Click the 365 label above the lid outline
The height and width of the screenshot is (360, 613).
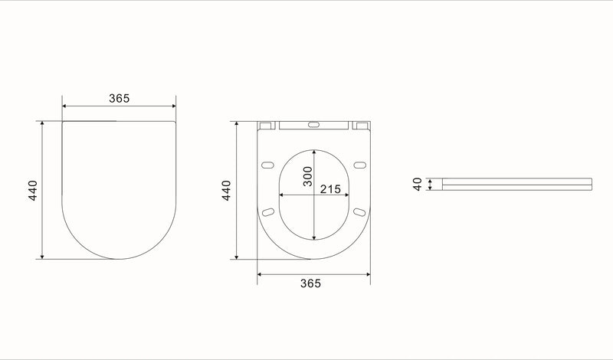(x=120, y=98)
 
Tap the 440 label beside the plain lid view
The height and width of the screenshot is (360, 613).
(x=33, y=191)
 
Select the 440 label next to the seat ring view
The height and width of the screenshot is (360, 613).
(x=226, y=191)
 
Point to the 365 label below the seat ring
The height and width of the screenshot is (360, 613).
(x=310, y=283)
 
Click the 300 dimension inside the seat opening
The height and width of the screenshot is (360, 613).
(x=308, y=176)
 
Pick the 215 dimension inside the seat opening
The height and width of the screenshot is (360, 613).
(x=330, y=189)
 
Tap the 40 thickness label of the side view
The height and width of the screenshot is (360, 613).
(x=418, y=184)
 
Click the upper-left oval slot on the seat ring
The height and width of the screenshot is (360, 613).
(x=267, y=165)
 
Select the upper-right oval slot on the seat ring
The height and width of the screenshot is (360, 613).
(x=359, y=165)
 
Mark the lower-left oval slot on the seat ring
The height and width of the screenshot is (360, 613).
(x=267, y=212)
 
